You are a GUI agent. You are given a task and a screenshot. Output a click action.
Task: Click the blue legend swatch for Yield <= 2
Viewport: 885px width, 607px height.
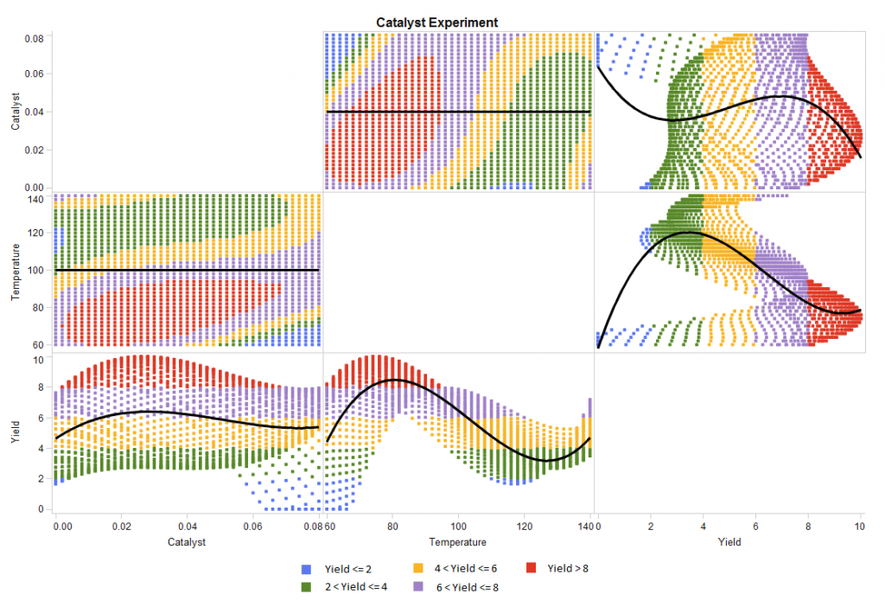click(x=305, y=569)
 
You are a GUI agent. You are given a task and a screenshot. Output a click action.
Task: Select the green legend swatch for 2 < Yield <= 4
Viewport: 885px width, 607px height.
click(x=305, y=587)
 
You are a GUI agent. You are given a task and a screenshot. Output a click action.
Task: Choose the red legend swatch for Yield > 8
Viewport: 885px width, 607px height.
click(x=530, y=569)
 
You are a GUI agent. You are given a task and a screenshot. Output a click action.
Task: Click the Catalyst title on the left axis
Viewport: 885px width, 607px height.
click(x=16, y=112)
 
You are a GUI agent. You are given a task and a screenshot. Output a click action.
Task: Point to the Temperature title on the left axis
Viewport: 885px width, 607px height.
click(x=16, y=272)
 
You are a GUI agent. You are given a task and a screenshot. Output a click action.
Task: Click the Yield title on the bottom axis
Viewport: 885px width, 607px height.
click(x=729, y=542)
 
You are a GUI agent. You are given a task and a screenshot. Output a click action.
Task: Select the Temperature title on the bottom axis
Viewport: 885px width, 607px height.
click(x=459, y=542)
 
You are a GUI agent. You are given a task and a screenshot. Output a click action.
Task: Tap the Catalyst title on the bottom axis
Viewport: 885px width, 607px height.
click(x=188, y=542)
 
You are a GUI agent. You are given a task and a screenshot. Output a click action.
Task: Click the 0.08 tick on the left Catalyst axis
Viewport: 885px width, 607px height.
click(x=34, y=39)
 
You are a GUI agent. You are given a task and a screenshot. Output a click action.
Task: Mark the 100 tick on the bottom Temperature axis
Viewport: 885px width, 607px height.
click(x=459, y=524)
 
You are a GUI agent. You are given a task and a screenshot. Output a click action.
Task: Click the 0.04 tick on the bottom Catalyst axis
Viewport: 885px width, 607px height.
click(x=188, y=524)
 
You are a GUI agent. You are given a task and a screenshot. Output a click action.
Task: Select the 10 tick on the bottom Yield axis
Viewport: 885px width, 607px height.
click(x=860, y=524)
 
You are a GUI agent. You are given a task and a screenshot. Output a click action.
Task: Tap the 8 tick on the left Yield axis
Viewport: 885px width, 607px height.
click(x=40, y=388)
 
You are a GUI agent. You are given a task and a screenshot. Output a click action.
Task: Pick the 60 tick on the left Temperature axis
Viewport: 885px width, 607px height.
click(x=38, y=344)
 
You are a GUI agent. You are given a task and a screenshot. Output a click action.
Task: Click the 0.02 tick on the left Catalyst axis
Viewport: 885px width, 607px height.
click(x=34, y=150)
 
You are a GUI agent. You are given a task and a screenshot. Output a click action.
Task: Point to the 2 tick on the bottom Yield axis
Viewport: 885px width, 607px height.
click(x=650, y=524)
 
